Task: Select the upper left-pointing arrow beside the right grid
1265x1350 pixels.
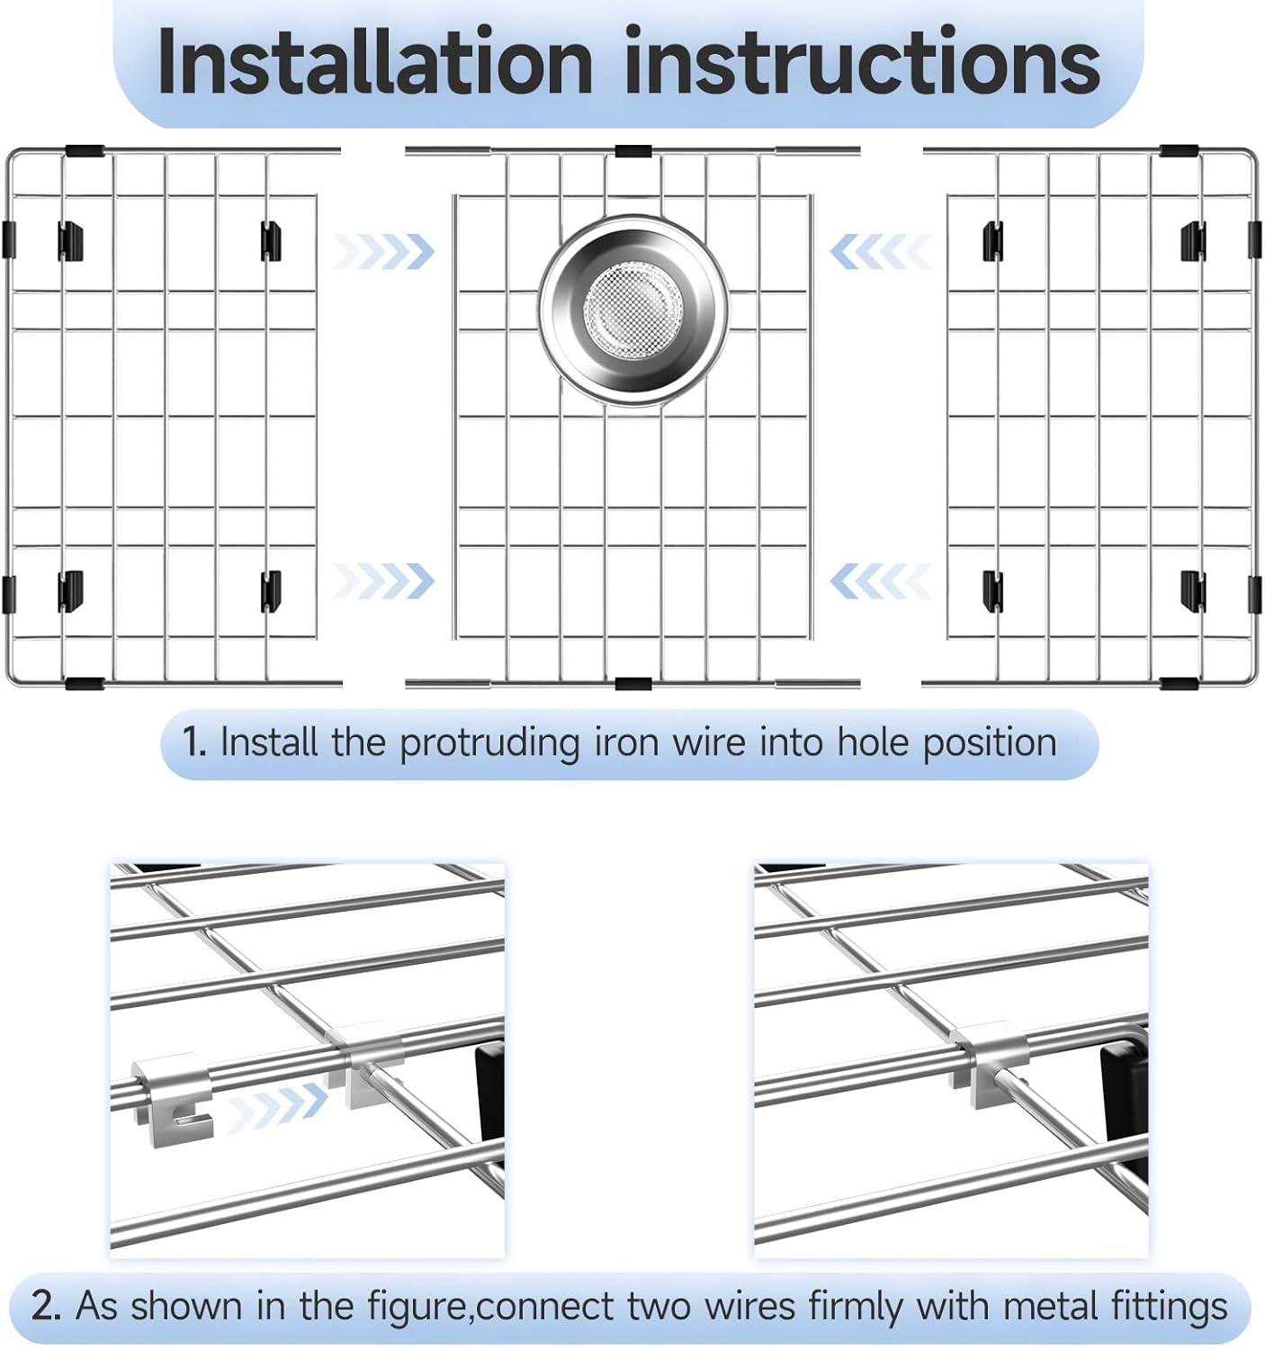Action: click(x=879, y=251)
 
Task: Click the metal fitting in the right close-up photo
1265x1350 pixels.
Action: click(x=990, y=1053)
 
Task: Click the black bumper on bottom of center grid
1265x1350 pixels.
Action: click(x=632, y=684)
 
